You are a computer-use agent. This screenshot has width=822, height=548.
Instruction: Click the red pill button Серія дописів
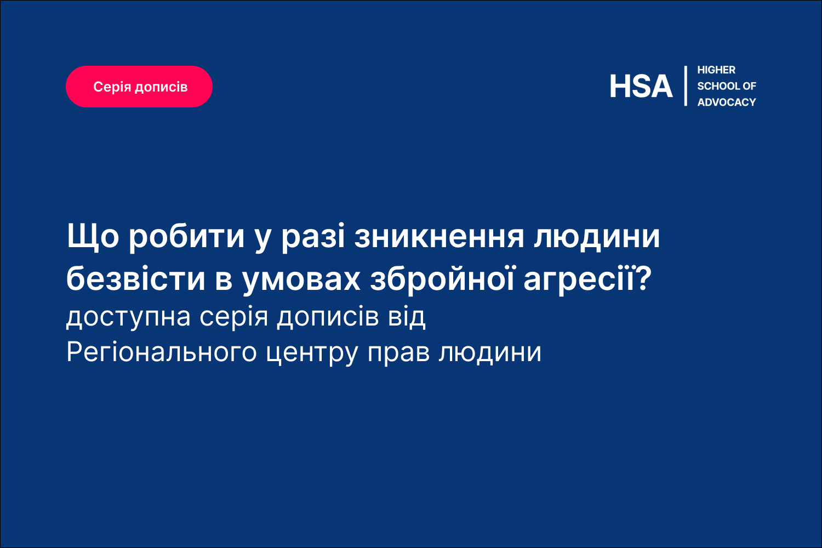click(139, 87)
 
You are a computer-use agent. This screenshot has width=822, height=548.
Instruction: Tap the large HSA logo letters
click(641, 87)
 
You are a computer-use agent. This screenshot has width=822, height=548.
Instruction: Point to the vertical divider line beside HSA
click(686, 86)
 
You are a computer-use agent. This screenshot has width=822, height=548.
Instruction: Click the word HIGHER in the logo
click(716, 70)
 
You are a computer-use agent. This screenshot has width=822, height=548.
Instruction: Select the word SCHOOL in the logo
click(718, 86)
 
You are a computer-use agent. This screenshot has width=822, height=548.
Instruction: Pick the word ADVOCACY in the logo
click(727, 102)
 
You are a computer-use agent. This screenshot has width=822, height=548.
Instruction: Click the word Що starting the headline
click(93, 237)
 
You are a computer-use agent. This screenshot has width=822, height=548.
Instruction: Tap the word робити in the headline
click(186, 238)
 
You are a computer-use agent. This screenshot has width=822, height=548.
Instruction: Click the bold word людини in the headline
click(597, 238)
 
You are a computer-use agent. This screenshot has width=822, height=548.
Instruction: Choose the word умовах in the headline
click(301, 281)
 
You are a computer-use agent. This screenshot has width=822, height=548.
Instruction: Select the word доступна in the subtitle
click(128, 318)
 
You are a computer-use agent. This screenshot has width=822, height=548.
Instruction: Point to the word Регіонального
click(162, 352)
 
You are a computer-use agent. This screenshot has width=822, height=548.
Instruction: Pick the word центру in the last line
click(312, 354)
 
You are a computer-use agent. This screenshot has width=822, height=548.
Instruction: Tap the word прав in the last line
click(398, 354)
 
